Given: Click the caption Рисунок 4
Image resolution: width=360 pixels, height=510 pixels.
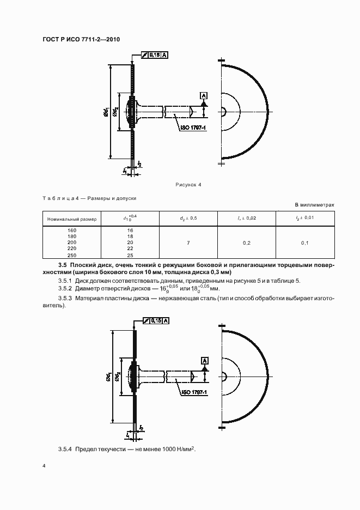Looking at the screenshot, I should [188, 185].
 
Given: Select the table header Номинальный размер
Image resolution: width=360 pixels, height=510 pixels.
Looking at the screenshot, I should [72, 219].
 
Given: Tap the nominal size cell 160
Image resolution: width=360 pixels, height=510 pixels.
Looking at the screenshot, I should [72, 230].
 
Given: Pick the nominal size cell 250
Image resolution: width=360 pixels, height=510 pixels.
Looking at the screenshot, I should [72, 254].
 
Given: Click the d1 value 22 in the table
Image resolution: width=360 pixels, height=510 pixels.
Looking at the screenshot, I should [130, 248].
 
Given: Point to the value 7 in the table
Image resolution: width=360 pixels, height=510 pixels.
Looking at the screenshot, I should [188, 242].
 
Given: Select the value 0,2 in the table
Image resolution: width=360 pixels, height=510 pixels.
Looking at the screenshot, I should [247, 242].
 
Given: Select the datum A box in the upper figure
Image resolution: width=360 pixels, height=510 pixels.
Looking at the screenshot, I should [204, 95].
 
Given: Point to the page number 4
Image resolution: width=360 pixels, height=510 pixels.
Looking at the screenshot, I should [44, 467].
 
